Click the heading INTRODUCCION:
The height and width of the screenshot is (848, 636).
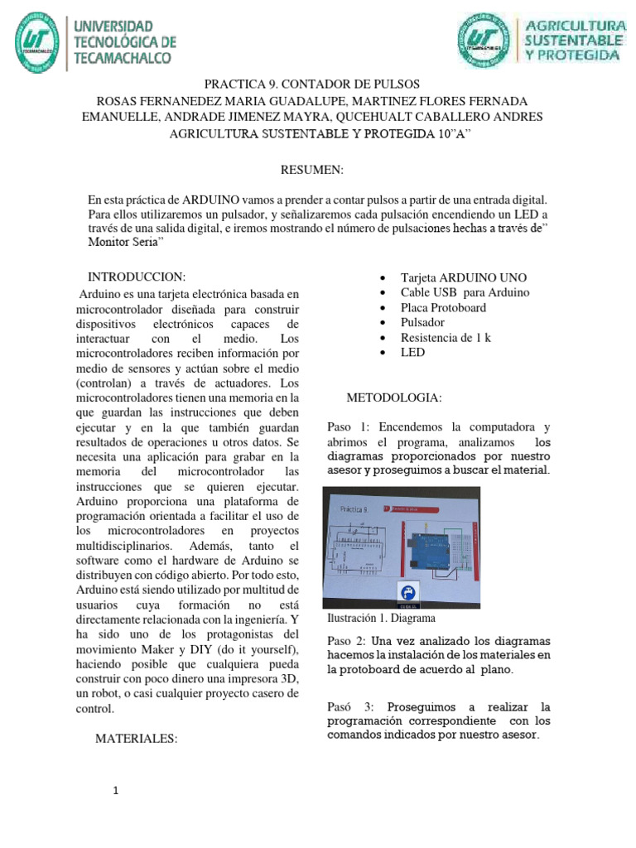point(137,276)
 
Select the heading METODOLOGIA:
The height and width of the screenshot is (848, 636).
point(394,398)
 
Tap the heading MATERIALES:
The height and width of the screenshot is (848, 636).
point(137,738)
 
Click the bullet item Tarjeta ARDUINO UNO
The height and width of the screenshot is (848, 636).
point(463,277)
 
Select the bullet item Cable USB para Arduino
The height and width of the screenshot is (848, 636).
point(465,292)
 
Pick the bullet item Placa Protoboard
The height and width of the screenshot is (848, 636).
point(443,307)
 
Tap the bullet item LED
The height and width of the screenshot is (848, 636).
point(412,352)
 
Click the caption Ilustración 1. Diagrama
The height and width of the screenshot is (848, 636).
point(382,618)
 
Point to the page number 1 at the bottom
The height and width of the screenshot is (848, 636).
point(117,791)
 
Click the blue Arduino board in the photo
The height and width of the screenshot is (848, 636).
point(440,547)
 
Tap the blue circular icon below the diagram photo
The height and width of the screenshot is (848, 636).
point(408,591)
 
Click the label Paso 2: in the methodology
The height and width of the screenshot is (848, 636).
point(349,641)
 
